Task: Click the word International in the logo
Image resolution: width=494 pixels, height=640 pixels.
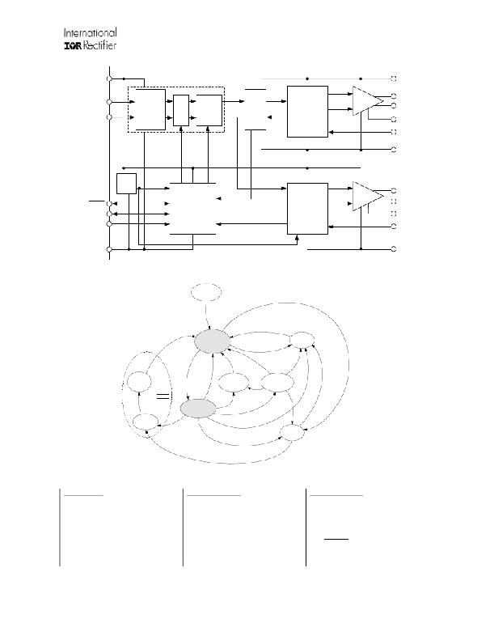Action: (91, 32)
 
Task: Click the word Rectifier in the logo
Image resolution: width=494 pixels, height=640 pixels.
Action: (100, 45)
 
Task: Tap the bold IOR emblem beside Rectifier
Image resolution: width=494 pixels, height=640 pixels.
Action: (74, 45)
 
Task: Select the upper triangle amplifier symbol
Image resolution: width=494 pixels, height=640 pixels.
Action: (368, 101)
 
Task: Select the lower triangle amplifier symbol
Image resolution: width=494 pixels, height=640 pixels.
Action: (368, 197)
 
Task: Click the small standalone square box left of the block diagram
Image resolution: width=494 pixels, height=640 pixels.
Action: (126, 184)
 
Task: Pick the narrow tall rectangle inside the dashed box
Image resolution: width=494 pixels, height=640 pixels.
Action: (181, 110)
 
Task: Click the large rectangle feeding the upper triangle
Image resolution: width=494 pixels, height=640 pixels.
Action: (307, 112)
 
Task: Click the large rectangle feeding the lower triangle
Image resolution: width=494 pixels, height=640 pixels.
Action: (307, 209)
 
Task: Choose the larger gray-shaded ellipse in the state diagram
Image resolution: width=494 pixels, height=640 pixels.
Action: (212, 341)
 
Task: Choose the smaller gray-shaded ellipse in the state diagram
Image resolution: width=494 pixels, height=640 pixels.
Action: (198, 409)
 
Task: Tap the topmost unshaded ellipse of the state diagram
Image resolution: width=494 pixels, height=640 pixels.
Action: (206, 292)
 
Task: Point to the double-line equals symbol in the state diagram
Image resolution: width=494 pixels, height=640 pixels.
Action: (163, 396)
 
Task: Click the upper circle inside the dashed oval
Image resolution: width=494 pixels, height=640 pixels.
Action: (139, 382)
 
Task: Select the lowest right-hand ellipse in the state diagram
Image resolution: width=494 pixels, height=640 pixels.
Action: (292, 433)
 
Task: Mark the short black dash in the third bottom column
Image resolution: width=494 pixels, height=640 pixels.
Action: (336, 539)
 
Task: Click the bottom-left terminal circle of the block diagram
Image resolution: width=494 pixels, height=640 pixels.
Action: (109, 249)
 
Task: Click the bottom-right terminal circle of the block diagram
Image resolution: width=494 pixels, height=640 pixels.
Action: (394, 249)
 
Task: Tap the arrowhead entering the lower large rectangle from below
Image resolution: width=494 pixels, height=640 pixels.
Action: (297, 237)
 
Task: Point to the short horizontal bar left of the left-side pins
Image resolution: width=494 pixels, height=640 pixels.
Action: (97, 201)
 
